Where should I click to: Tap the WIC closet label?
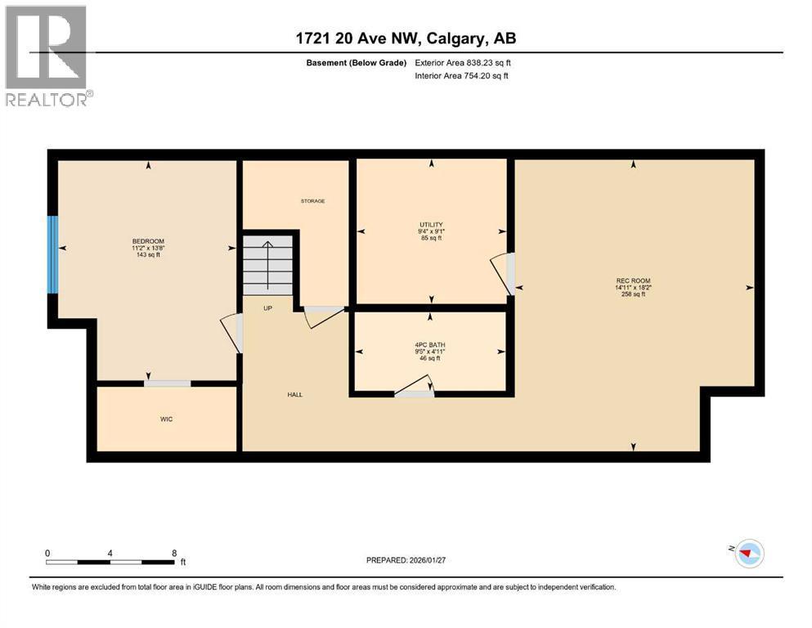point(166,419)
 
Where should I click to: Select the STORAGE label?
point(312,201)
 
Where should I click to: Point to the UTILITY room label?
point(431,225)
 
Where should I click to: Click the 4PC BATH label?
point(428,344)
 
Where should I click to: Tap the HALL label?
point(294,394)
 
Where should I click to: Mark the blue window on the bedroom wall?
point(52,254)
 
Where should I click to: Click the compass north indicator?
point(747,554)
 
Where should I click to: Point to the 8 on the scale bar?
point(174,553)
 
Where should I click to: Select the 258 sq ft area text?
point(633,294)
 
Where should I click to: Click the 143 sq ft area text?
point(148,254)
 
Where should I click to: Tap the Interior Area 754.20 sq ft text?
point(462,76)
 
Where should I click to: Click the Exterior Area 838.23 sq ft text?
point(464,62)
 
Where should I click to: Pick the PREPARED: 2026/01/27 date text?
point(409,560)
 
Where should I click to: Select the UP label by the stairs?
point(267,308)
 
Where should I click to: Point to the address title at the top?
point(406,38)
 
